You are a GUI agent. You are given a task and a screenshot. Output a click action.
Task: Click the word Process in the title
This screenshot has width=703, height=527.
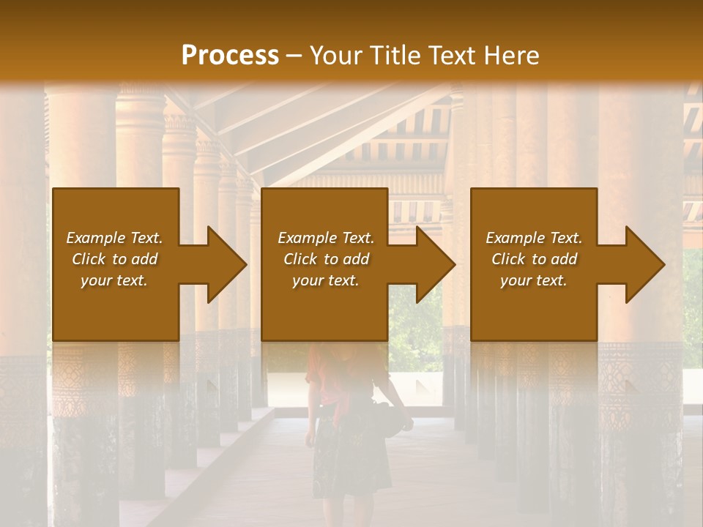click(x=230, y=56)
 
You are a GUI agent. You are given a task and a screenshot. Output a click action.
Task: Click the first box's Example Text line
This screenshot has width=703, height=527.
click(x=114, y=238)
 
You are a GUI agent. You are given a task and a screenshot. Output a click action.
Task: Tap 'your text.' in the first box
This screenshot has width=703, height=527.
click(x=114, y=280)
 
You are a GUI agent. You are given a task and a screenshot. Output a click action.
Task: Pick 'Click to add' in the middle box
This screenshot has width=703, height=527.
click(x=326, y=259)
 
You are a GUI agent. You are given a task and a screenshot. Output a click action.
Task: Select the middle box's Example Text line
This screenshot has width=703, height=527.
click(x=326, y=238)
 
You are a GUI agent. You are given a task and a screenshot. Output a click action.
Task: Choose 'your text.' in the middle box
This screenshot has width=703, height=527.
click(x=326, y=280)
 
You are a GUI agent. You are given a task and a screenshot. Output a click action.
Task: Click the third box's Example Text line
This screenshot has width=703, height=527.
click(x=534, y=238)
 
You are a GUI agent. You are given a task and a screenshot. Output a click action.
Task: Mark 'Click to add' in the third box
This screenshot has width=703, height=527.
click(x=534, y=259)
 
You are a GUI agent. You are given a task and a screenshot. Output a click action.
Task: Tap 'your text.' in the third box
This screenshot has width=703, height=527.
click(x=534, y=280)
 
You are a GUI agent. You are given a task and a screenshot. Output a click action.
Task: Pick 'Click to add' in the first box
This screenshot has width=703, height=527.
click(x=114, y=259)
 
